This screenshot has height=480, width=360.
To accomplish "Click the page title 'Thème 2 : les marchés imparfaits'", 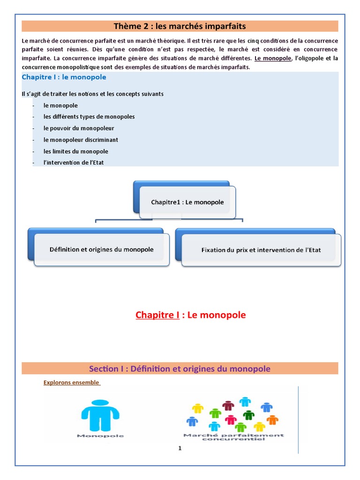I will click(180, 26).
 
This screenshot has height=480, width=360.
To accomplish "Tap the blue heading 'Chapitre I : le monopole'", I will click(64, 77).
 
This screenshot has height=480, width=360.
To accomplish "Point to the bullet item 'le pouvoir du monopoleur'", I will click(79, 128).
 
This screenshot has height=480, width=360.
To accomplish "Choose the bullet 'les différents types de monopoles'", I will click(89, 116).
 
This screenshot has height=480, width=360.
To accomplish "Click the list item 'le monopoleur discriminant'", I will click(81, 140).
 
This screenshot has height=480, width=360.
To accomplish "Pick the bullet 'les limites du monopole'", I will click(76, 151).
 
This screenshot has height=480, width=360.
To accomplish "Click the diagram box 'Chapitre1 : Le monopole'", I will click(187, 202).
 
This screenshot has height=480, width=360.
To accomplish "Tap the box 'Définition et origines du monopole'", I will click(101, 249).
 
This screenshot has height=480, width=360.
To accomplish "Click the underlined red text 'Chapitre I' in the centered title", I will click(157, 315).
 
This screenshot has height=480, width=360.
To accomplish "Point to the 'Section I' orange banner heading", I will click(180, 368).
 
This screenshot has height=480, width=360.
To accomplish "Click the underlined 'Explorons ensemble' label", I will click(71, 382).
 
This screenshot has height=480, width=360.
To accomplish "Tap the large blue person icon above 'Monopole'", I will click(100, 415).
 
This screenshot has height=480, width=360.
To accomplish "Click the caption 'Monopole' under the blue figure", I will click(100, 436).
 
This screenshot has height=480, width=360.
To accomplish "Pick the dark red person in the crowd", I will click(228, 405).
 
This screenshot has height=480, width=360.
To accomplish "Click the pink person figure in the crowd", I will click(230, 420).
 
